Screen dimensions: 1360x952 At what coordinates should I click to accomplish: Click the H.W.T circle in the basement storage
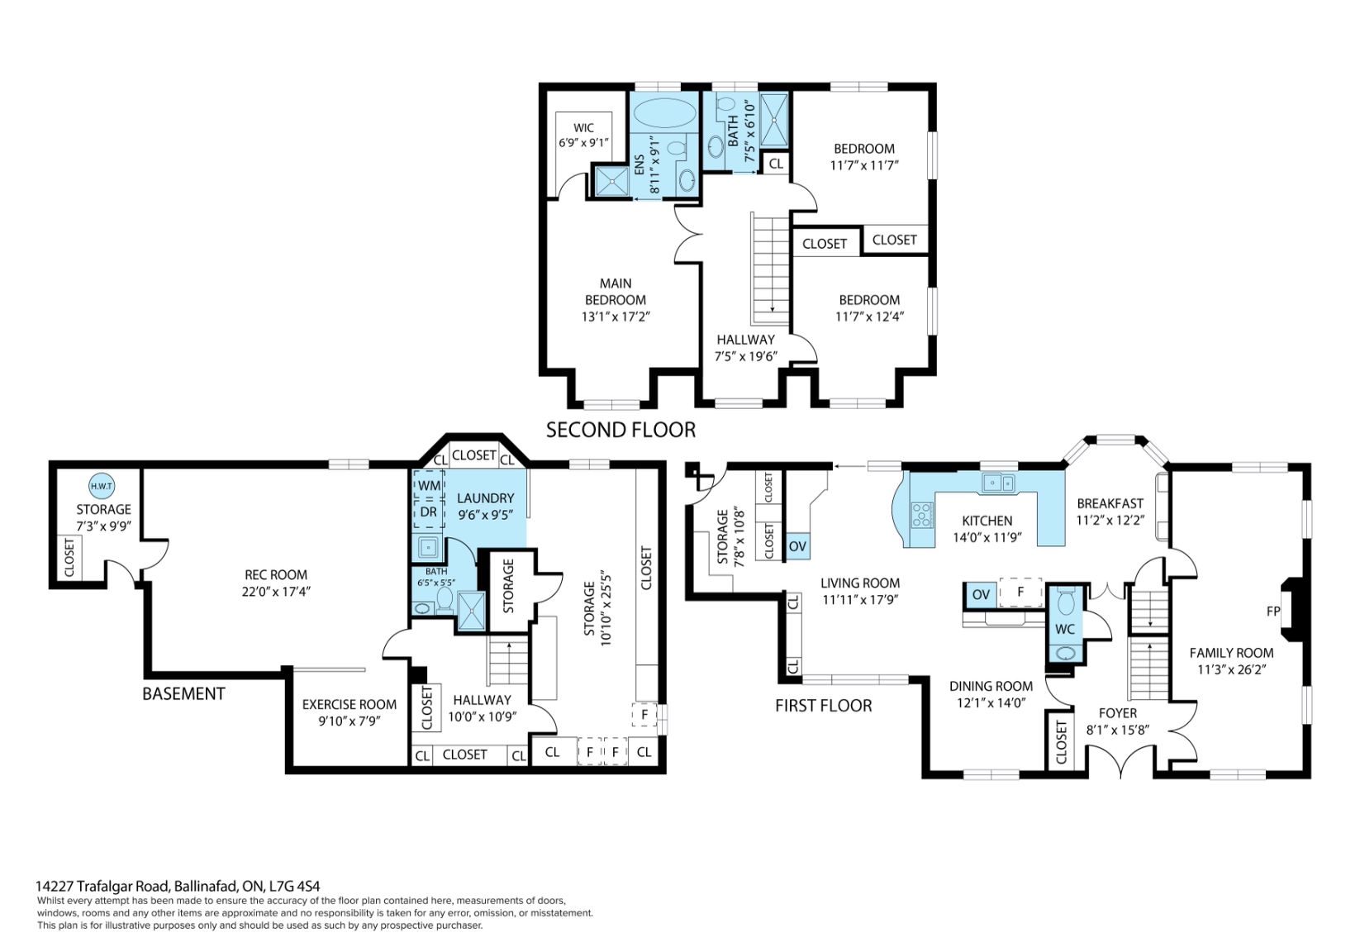click(102, 486)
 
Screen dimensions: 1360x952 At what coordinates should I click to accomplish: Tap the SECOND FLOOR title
click(621, 430)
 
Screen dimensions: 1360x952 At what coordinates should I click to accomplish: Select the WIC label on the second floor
click(583, 128)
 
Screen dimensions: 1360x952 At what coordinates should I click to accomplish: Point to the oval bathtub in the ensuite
click(665, 113)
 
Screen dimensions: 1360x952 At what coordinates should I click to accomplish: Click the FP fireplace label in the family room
click(1272, 612)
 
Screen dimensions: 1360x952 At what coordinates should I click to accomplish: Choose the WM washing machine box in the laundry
click(429, 486)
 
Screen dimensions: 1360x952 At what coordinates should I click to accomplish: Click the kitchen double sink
click(998, 483)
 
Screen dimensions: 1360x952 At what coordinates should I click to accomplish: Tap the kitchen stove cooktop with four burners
click(921, 514)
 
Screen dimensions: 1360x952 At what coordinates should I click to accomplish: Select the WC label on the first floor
click(1064, 629)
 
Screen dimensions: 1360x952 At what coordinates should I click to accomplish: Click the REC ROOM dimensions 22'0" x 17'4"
click(276, 592)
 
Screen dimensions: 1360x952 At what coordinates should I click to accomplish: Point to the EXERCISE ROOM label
click(350, 704)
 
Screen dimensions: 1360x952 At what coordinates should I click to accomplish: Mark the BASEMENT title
click(184, 693)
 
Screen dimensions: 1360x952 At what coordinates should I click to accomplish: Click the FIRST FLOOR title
click(823, 706)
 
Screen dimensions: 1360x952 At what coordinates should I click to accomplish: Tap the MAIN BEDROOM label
click(615, 292)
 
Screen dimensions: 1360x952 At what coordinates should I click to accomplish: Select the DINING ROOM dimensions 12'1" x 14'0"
click(991, 702)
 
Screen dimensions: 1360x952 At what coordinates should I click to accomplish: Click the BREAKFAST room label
click(1110, 503)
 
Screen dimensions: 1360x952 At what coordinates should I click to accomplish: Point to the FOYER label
click(1118, 713)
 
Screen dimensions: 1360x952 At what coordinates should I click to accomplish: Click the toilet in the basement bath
click(445, 599)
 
